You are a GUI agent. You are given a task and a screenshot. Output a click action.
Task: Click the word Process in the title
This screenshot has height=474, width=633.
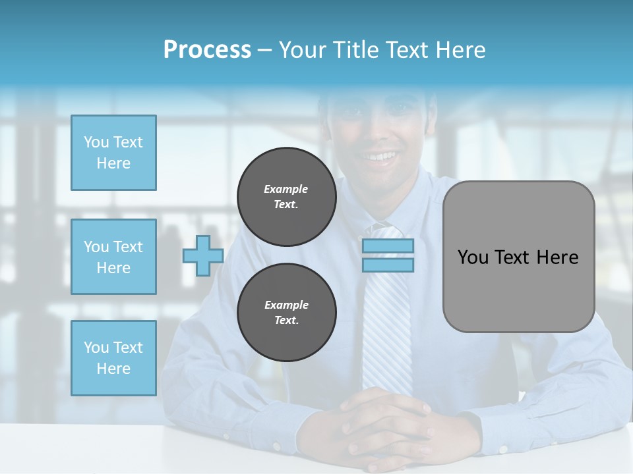(207, 50)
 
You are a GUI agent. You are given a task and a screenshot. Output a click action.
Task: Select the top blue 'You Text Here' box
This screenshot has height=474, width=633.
(113, 153)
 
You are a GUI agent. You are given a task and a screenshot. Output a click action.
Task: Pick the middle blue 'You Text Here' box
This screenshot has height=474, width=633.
(113, 257)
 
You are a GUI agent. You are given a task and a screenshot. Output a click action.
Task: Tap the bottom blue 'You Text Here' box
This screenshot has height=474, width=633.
(113, 357)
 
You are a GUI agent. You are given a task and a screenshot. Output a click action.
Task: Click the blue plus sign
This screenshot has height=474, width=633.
(203, 255)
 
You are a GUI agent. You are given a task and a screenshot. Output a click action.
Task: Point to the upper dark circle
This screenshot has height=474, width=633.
(286, 197)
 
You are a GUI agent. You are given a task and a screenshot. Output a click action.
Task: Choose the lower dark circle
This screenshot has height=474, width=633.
(286, 313)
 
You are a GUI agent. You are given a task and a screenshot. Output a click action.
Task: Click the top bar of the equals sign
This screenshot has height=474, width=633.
(388, 246)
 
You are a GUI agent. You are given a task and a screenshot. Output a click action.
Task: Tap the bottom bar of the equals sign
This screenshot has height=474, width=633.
(388, 265)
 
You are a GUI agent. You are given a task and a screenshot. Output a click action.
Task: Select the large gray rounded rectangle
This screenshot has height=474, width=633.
(518, 256)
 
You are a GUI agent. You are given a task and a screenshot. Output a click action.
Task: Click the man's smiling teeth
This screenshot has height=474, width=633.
(381, 157)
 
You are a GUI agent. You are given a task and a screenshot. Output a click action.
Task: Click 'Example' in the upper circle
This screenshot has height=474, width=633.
(286, 189)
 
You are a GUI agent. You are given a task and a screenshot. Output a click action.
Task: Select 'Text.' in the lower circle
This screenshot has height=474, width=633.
(286, 321)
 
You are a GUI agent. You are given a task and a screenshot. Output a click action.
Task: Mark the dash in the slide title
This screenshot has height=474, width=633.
(264, 50)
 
